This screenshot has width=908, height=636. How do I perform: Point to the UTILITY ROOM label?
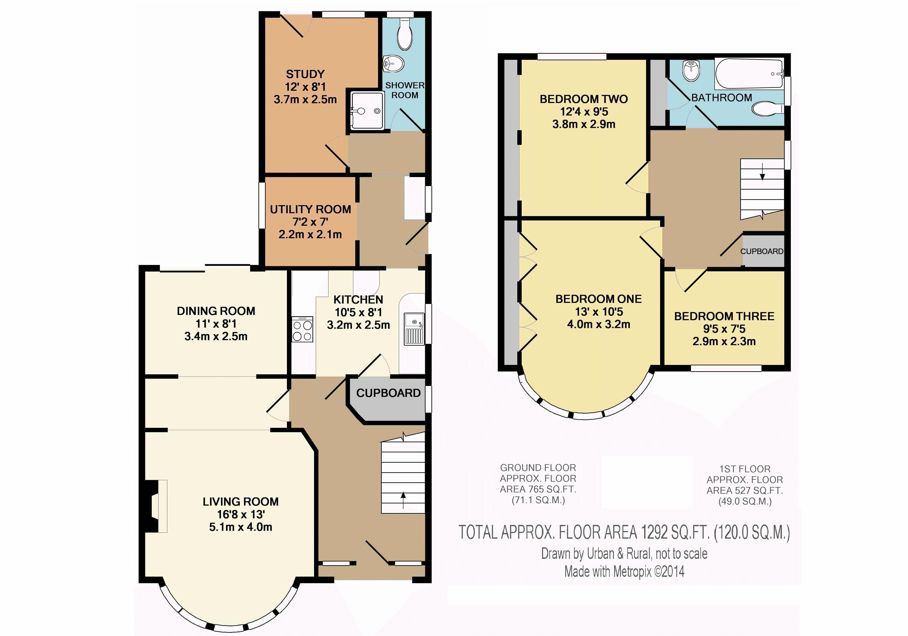pos(311,209)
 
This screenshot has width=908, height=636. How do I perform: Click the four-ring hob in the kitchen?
pos(302,329)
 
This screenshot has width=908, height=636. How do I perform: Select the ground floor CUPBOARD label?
pos(388,393)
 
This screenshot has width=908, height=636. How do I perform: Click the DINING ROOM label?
pos(216,311)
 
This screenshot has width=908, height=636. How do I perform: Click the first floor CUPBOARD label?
pos(762,251)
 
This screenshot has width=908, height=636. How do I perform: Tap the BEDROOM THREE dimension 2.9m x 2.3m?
pos(724,341)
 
